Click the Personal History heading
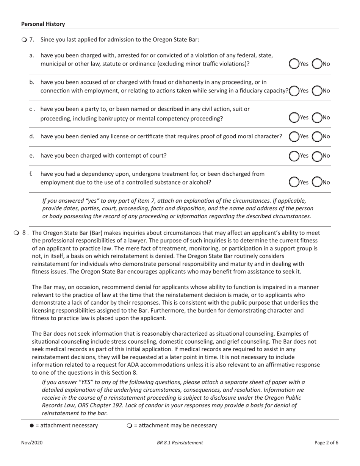pyautogui.click(x=43, y=24)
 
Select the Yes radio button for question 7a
pyautogui.click(x=294, y=64)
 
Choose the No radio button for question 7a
pyautogui.click(x=317, y=64)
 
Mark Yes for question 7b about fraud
pyautogui.click(x=294, y=91)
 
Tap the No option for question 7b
pyautogui.click(x=317, y=91)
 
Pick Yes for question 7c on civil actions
pyautogui.click(x=294, y=118)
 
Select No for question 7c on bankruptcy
pyautogui.click(x=317, y=118)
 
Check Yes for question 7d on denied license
pyautogui.click(x=294, y=136)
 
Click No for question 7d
pyautogui.click(x=317, y=136)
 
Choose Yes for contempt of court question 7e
pyautogui.click(x=294, y=155)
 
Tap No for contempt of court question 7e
pyautogui.click(x=317, y=155)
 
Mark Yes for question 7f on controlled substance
pyautogui.click(x=294, y=182)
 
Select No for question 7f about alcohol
pyautogui.click(x=317, y=182)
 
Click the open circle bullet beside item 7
pyautogui.click(x=24, y=40)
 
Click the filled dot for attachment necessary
pyautogui.click(x=31, y=425)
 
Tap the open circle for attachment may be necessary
pyautogui.click(x=129, y=425)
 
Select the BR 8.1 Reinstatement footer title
pyautogui.click(x=180, y=443)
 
